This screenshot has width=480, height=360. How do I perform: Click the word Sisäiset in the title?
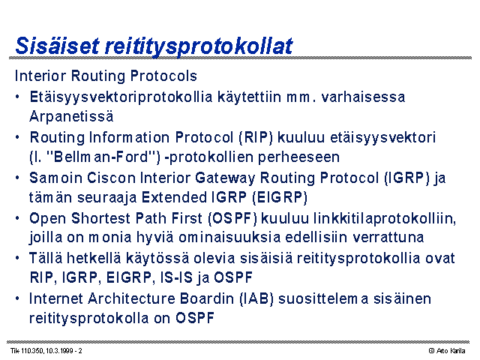(57, 46)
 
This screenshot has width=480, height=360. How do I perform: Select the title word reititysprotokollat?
(199, 46)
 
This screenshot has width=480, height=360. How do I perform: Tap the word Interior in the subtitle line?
(40, 76)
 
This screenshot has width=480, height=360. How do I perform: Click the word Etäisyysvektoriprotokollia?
(121, 97)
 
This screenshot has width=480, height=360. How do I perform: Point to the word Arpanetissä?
(71, 116)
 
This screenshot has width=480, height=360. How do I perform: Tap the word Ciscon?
(112, 178)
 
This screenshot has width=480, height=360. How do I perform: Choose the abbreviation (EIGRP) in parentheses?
(280, 197)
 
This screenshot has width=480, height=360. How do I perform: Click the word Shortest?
(100, 218)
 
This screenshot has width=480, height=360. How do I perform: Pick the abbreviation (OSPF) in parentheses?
(232, 218)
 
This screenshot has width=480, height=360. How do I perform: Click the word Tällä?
(46, 258)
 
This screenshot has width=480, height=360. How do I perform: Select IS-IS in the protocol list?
(177, 277)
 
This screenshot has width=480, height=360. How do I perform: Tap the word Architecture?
(131, 298)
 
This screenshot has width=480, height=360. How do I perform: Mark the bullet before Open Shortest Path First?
(18, 218)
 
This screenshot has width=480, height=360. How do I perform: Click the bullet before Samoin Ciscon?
(18, 178)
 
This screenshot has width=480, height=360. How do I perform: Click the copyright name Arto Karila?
(451, 351)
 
